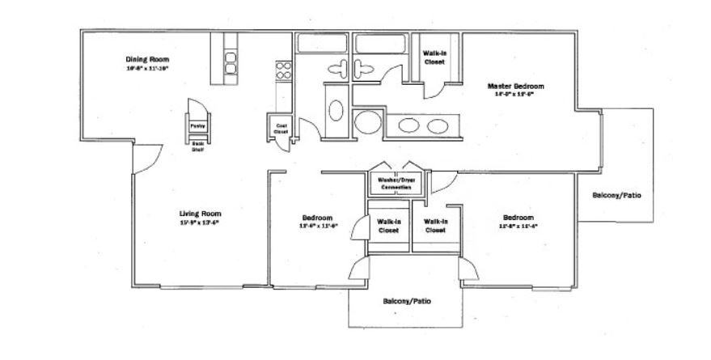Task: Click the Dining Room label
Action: [147, 59]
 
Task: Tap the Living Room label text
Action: [200, 214]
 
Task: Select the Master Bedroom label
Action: [515, 86]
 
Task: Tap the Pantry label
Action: [197, 126]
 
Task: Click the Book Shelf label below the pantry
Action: [197, 147]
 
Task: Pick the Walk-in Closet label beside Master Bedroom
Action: [434, 57]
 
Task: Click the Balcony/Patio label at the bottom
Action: [407, 301]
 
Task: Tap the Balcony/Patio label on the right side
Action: [622, 195]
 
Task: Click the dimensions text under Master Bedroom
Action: [515, 95]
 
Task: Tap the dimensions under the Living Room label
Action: [200, 222]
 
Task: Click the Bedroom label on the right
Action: [518, 218]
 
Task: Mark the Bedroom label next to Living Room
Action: [317, 218]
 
